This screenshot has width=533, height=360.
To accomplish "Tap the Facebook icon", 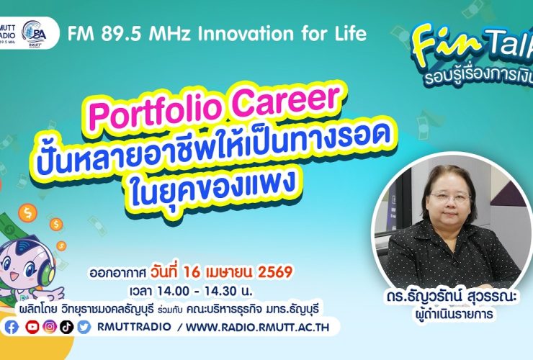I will pos(12,327).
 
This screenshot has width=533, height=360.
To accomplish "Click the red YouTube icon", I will pos(32,327).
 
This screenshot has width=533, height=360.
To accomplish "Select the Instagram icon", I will pos(49,327).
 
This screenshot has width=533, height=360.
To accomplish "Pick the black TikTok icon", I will pos(66,327).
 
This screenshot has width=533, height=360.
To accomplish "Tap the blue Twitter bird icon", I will pos(84,327).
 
